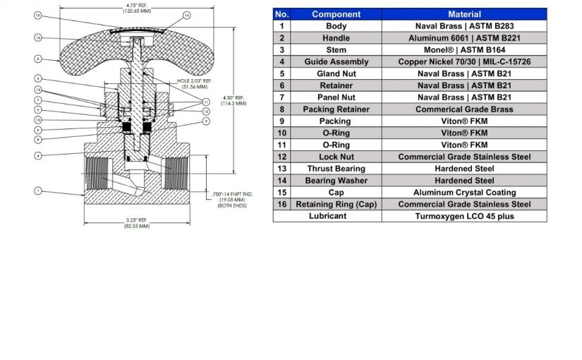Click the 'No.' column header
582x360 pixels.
[281, 14]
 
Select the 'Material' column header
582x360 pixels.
[464, 14]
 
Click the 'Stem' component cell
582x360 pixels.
[336, 50]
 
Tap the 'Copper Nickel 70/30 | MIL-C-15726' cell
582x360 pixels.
[464, 62]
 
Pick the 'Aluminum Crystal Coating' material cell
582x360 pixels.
[464, 192]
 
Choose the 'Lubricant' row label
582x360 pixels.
[327, 216]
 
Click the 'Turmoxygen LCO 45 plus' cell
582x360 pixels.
[464, 216]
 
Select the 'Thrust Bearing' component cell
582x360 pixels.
[336, 169]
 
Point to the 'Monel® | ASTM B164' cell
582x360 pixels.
[464, 50]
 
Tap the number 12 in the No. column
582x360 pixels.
[281, 157]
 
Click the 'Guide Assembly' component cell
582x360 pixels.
[336, 62]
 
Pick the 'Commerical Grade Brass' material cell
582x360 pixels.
[464, 109]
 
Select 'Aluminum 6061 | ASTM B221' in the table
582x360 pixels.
[464, 38]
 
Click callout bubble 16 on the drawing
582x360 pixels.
[187, 15]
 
